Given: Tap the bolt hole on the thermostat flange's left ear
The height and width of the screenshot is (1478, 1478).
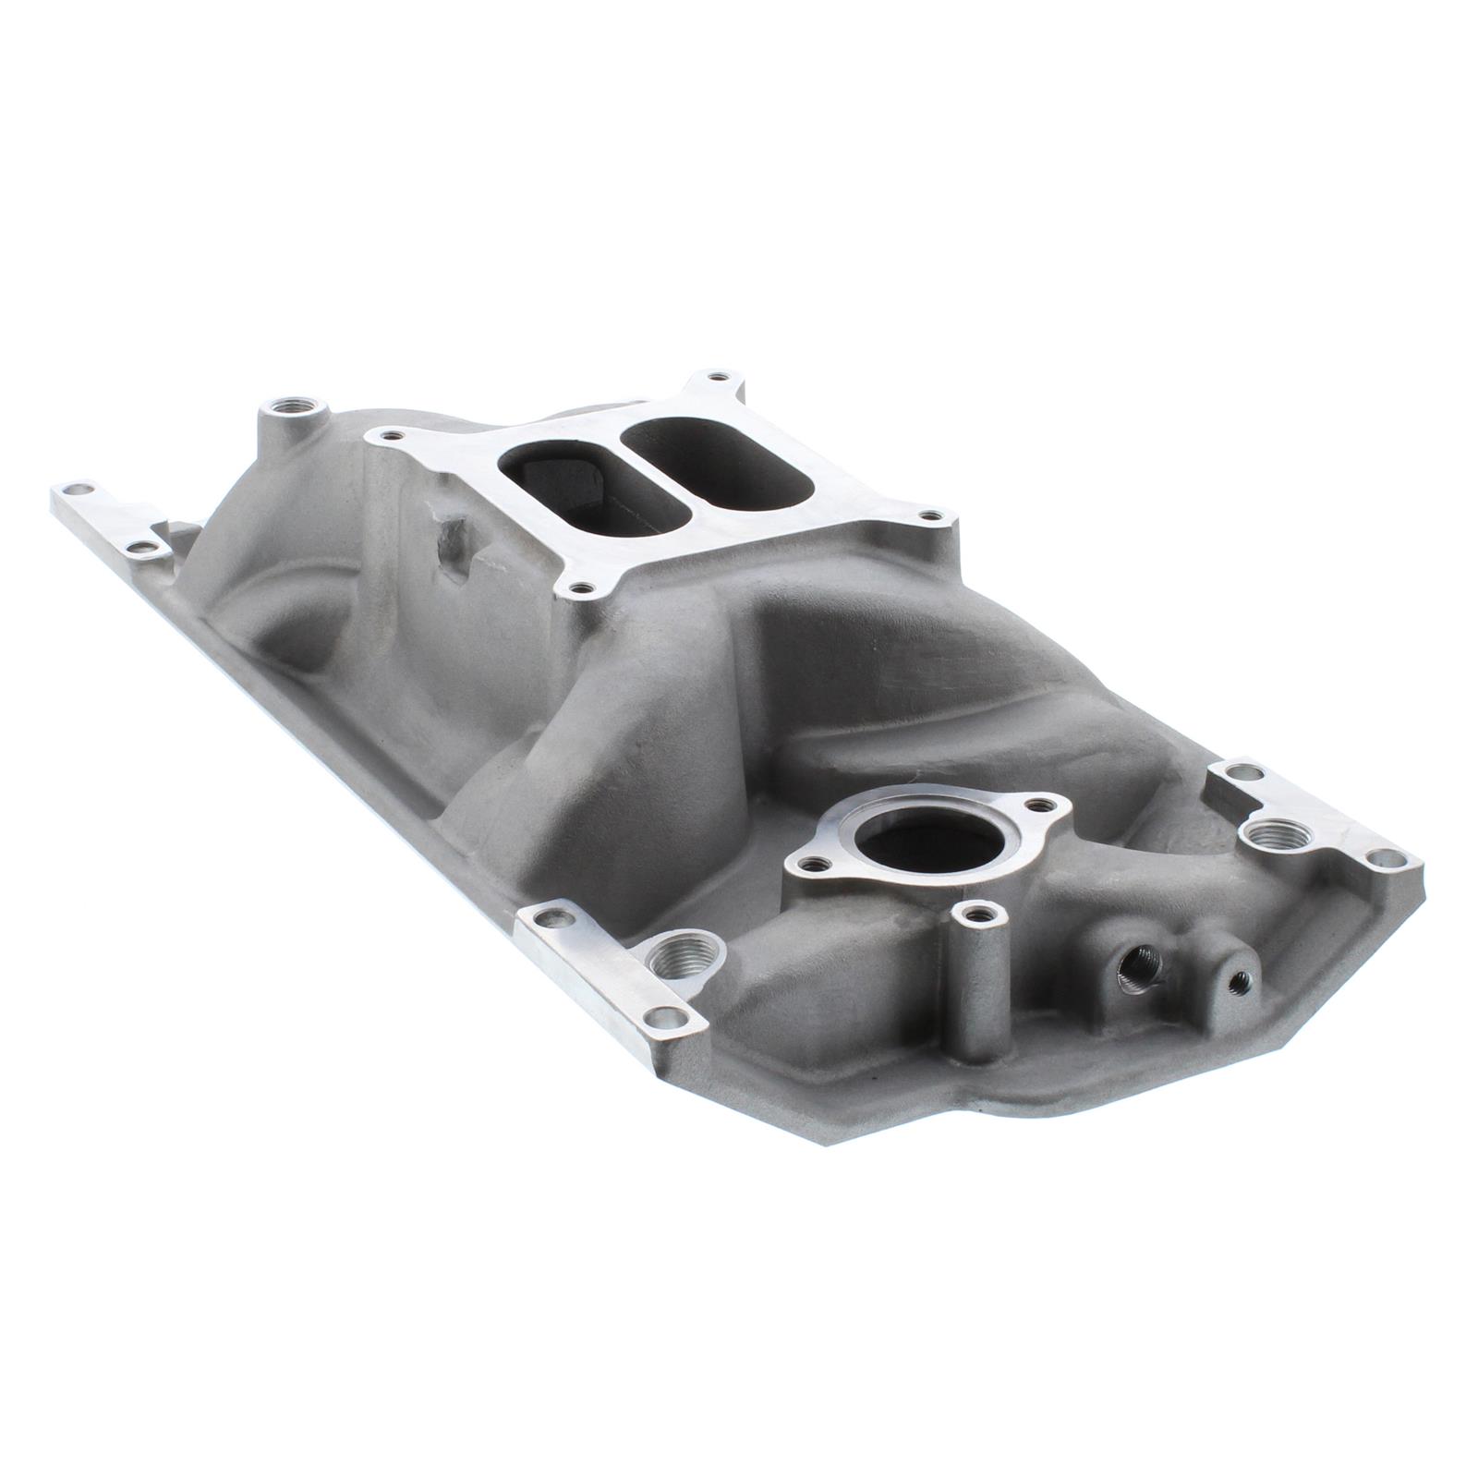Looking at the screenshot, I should coord(811,865).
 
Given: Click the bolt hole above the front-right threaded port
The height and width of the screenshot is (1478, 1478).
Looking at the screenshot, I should coord(1235,772).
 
